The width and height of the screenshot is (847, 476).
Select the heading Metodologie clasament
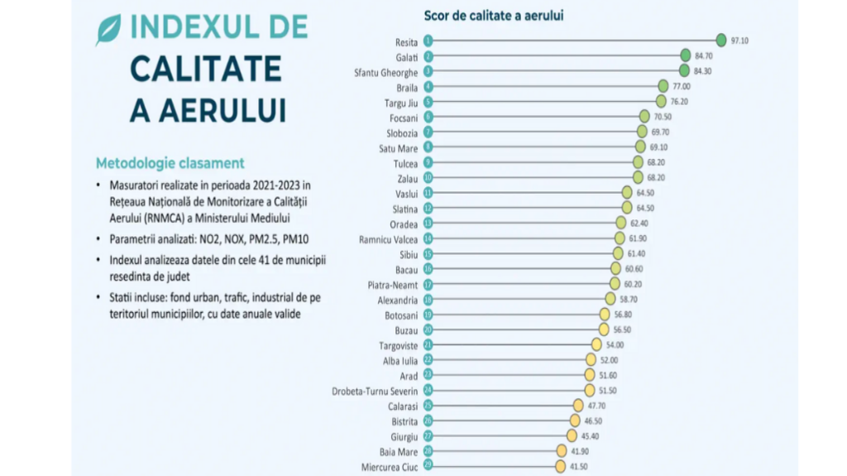click(x=170, y=162)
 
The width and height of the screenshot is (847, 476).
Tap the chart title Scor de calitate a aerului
click(x=494, y=15)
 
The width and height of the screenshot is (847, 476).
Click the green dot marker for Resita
click(x=721, y=40)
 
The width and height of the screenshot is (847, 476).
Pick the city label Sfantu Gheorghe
click(x=385, y=71)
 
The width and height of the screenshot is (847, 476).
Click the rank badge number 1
click(x=428, y=40)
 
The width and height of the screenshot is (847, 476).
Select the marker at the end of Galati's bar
click(x=685, y=55)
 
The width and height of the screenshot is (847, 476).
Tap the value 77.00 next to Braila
click(x=682, y=86)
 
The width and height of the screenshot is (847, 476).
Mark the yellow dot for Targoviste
click(x=596, y=344)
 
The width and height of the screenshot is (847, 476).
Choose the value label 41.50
click(x=579, y=467)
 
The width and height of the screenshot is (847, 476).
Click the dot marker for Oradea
click(x=620, y=223)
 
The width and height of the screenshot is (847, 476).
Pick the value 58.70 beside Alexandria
click(x=633, y=299)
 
